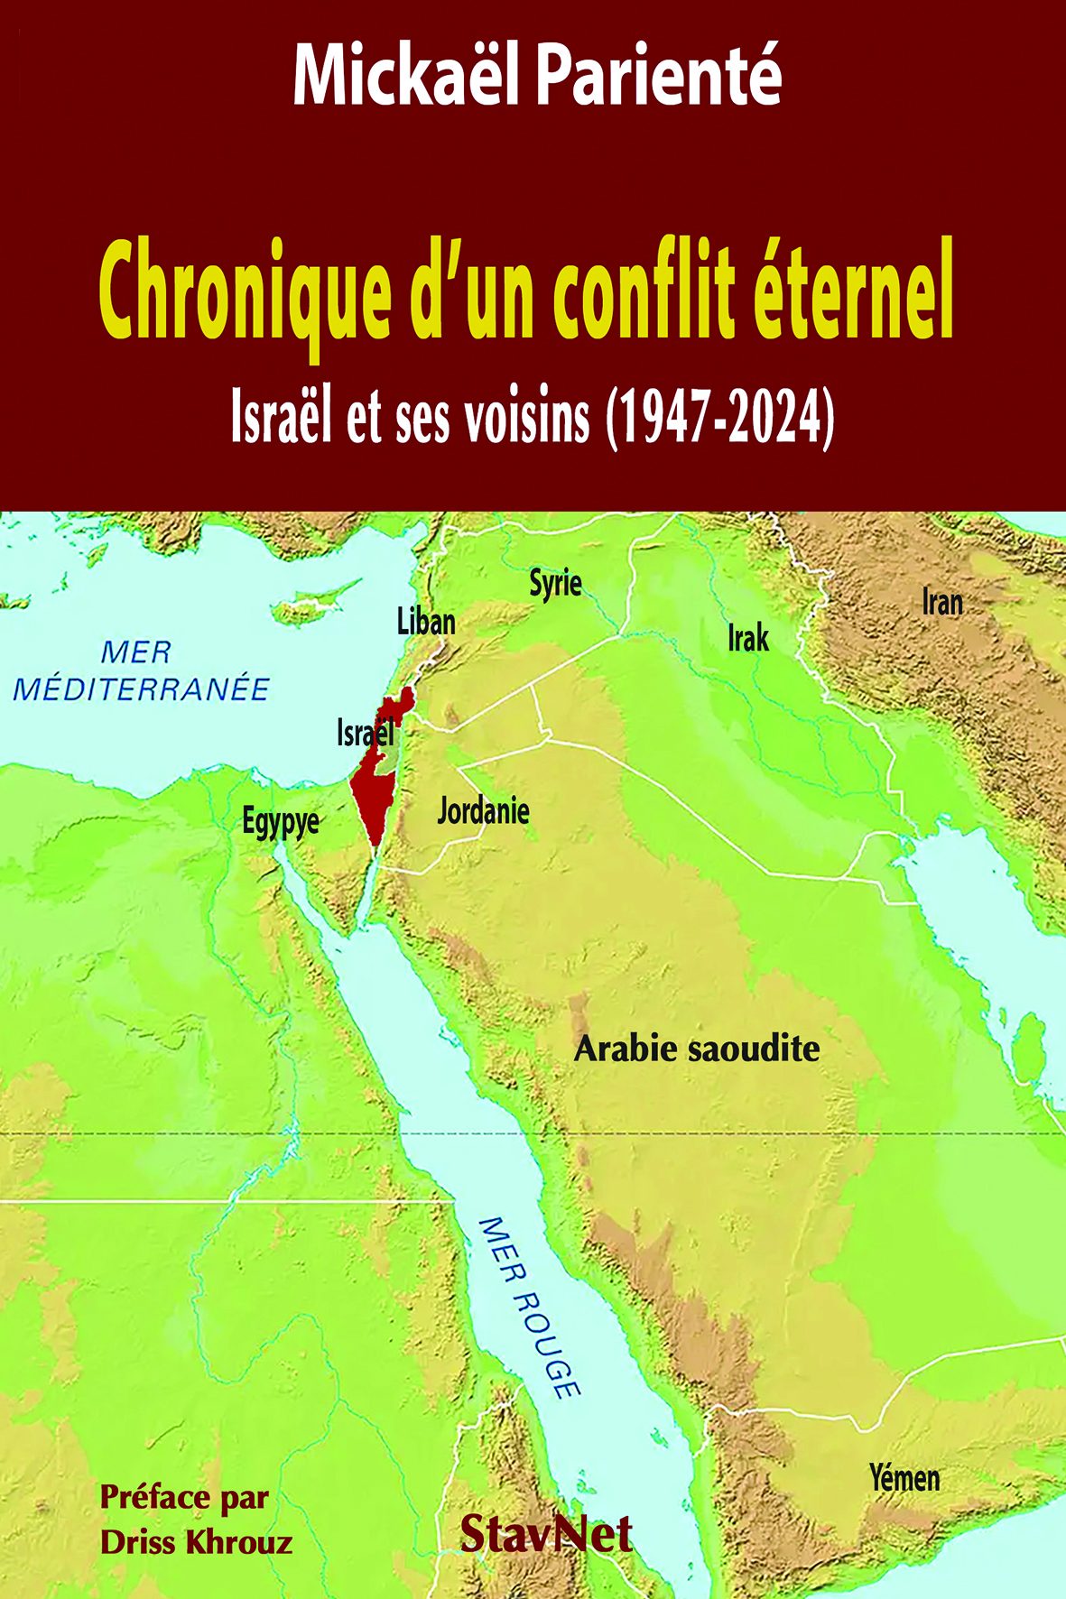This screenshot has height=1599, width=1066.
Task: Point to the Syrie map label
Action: [555, 584]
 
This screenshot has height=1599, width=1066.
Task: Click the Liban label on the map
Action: [426, 622]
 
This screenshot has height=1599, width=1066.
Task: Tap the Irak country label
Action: [748, 638]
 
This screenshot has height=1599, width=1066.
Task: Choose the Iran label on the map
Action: [942, 602]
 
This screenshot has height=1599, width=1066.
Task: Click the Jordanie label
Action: [483, 810]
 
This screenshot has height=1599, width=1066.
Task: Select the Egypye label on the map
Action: [281, 823]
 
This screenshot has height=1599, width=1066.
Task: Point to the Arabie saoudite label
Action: [697, 1049]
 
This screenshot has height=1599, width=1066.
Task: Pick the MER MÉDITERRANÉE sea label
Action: [142, 670]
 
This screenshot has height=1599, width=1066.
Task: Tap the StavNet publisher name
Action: [546, 1533]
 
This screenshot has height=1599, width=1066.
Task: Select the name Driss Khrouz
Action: [197, 1541]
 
